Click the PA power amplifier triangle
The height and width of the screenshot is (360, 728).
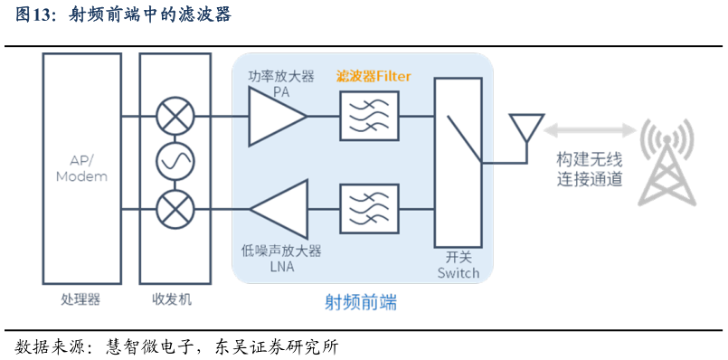pos(274,116)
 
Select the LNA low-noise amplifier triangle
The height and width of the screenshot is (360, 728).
pos(282,209)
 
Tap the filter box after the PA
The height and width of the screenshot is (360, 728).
pos(369,116)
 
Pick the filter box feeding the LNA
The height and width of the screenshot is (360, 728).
pos(369,209)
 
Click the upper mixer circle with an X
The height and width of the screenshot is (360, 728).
pos(175,116)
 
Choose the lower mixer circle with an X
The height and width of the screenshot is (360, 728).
pos(175,209)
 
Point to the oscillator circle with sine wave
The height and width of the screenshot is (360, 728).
pos(175,162)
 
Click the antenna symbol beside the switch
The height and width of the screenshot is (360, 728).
pos(526,128)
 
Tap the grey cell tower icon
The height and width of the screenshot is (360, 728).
pos(667,163)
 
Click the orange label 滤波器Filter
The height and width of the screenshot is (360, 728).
pos(373,76)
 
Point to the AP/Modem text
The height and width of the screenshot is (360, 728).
pos(81,168)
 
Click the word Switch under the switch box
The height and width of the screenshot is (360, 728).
pos(459,272)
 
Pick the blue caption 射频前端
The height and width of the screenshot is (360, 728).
pos(361,303)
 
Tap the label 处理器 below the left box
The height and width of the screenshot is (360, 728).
pos(80,299)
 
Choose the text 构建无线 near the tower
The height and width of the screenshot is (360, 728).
pos(590,161)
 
